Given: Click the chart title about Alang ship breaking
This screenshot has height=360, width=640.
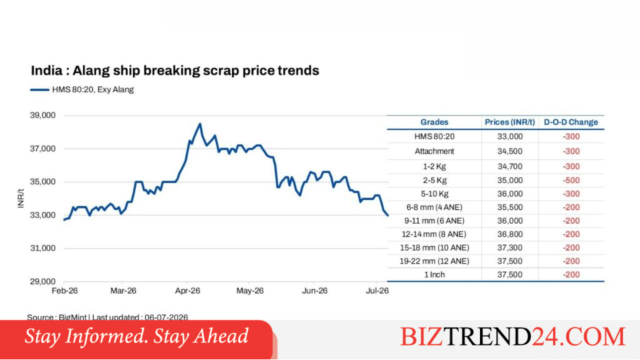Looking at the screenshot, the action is pos(175,71).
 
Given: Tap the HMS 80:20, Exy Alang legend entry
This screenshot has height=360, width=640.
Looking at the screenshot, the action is pos(82,89).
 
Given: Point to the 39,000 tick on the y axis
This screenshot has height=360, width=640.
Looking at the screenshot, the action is pos(42,116).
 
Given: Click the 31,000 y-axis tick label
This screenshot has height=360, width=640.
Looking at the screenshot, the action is pos(42,248).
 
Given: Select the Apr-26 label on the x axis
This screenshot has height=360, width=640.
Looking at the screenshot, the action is pos(187,291).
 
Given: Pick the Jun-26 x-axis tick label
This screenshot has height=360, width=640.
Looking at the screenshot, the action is pos(314,291).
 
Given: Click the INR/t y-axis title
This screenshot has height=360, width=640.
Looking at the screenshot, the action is pos(21,198).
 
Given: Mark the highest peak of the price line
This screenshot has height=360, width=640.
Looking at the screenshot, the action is pos(200,124).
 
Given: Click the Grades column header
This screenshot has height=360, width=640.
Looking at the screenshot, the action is pos(434,122).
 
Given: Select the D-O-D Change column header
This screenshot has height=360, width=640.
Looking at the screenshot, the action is pos(571,122).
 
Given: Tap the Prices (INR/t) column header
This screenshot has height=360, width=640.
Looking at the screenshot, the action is pos(510,122).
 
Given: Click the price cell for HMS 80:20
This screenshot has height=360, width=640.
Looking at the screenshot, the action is pos(510,137).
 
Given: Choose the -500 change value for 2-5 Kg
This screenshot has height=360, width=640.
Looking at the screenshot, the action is pos(571,181).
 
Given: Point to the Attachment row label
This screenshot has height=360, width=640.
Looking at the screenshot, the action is pos(434,151).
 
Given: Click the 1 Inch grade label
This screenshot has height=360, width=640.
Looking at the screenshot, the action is pos(434,275).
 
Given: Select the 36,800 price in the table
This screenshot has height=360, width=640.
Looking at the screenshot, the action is pos(510,234).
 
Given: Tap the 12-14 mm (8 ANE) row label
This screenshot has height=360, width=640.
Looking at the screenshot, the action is pos(434,234).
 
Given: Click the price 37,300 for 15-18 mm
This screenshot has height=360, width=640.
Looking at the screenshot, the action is pos(510,247).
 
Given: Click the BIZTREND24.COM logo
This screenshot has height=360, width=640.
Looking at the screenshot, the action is pos(512,337).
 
